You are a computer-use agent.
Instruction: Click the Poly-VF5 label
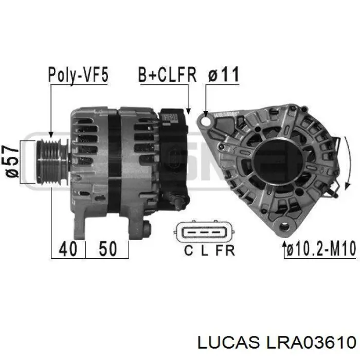(78, 75)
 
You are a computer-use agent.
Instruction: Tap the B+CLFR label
(168, 75)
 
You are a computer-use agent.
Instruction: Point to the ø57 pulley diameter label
(12, 161)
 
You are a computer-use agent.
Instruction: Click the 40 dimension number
(68, 249)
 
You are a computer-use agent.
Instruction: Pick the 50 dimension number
(107, 249)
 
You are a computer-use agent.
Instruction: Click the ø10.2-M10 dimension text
(321, 248)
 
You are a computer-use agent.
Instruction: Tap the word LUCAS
(228, 343)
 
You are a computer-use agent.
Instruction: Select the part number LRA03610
(311, 343)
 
